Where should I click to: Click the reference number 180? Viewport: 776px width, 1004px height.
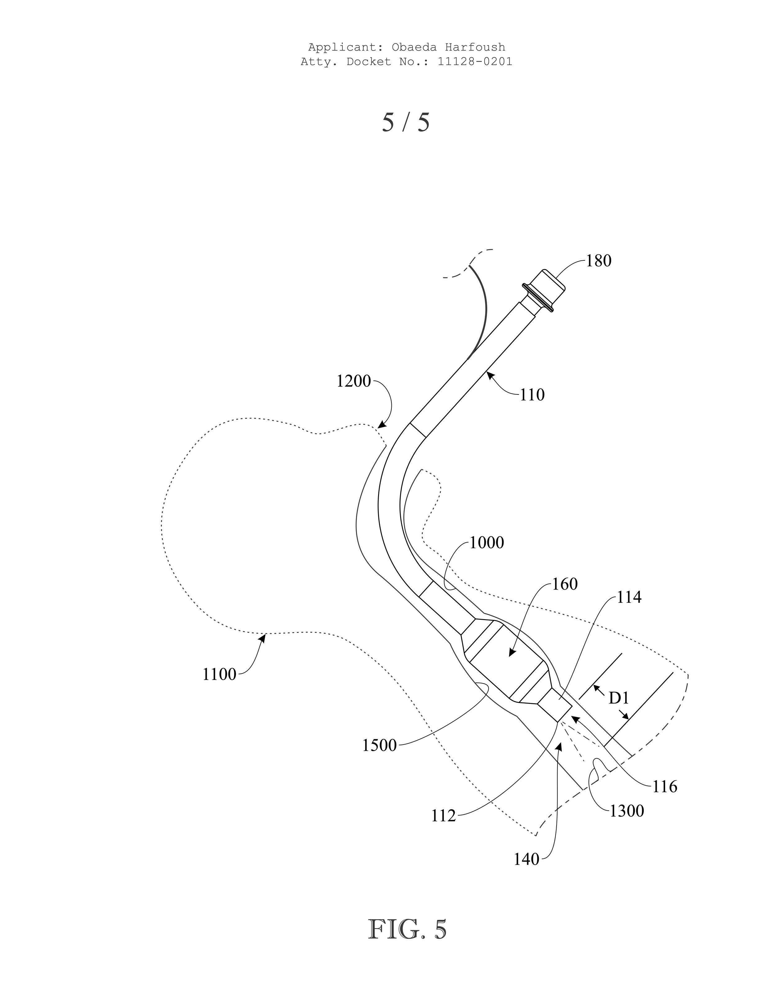pos(598,261)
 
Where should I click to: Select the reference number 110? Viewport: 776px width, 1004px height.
pos(532,395)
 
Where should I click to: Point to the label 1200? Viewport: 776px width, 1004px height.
pos(353,381)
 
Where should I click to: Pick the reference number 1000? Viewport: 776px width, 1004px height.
pos(486,543)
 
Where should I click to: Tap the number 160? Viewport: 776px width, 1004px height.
pos(565,584)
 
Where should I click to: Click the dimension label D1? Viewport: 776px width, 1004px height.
pos(618,698)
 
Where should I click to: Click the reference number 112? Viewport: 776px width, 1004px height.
pos(443,816)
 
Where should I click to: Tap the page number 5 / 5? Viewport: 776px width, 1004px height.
pos(406,122)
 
